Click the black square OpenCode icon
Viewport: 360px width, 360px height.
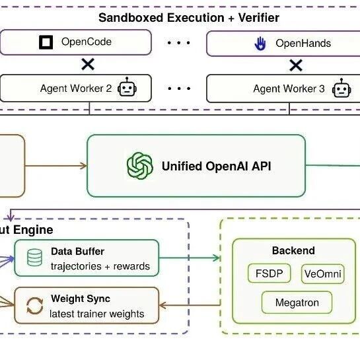(x=46, y=42)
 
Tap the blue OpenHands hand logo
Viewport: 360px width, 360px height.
(x=260, y=44)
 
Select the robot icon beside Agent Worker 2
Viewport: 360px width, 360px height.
(x=127, y=87)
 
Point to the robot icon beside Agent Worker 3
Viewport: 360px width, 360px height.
(x=342, y=88)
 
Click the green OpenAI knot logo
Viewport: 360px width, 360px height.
(x=140, y=166)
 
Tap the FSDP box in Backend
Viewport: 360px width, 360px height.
(x=270, y=273)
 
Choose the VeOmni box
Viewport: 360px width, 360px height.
(x=322, y=273)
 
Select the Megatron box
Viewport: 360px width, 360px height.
(x=297, y=303)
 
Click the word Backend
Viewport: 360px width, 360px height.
(x=293, y=250)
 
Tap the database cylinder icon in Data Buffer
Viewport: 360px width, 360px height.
(x=34, y=258)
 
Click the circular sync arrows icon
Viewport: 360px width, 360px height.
(x=34, y=306)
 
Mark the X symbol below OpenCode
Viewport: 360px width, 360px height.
(x=88, y=64)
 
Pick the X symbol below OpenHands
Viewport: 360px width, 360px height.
(x=296, y=65)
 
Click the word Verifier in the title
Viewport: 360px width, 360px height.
(x=259, y=18)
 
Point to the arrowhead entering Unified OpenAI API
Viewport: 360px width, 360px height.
(x=84, y=166)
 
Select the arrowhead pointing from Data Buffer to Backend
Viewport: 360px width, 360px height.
(x=216, y=258)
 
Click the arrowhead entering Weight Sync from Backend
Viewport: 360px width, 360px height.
(x=162, y=305)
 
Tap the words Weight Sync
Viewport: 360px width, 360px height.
(x=81, y=299)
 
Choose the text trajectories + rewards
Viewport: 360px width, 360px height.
(x=100, y=266)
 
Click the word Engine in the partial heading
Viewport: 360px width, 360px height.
(x=33, y=230)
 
